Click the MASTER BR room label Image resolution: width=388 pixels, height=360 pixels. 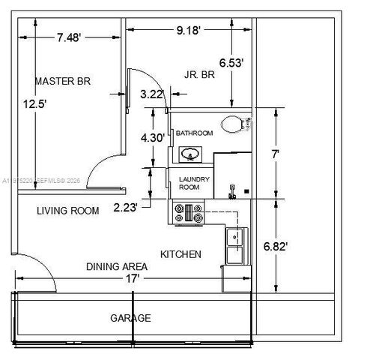coord(63,81)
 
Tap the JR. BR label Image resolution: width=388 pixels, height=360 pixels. coord(201,73)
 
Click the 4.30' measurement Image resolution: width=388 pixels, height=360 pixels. coord(153,138)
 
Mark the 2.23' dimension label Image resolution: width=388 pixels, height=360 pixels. coord(125,208)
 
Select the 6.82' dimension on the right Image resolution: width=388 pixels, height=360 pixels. coord(296,245)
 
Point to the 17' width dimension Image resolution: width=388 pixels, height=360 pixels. coord(133,278)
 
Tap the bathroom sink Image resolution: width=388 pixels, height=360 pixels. coord(190,154)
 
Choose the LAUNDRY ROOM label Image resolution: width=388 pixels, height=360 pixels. coord(194,184)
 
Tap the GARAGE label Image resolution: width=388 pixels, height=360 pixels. coord(130,318)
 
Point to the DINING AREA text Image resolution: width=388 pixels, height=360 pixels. coord(116,266)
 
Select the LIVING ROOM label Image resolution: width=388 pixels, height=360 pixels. coord(67,211)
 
